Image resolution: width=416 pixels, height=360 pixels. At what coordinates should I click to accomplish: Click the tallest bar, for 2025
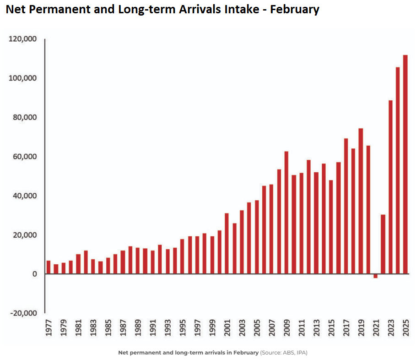click(x=405, y=164)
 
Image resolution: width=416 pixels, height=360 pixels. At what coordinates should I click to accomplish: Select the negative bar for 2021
click(x=375, y=276)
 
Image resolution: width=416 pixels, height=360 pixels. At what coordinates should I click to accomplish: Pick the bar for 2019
click(x=361, y=201)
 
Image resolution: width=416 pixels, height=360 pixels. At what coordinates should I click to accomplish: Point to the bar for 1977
click(x=49, y=267)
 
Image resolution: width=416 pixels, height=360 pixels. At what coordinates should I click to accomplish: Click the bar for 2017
click(x=346, y=206)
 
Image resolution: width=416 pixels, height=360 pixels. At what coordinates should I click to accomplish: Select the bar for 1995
click(x=182, y=256)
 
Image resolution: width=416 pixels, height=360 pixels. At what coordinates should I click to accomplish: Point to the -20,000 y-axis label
click(x=22, y=313)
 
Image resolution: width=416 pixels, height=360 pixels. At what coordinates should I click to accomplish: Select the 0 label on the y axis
click(x=34, y=274)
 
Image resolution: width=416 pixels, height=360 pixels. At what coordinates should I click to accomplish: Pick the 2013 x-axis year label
click(x=316, y=327)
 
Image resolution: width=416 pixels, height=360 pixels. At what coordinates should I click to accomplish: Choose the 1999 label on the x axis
click(x=212, y=327)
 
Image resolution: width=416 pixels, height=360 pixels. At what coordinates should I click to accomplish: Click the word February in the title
click(x=294, y=9)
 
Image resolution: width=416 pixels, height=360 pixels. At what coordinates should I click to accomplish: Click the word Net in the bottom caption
click(x=123, y=353)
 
